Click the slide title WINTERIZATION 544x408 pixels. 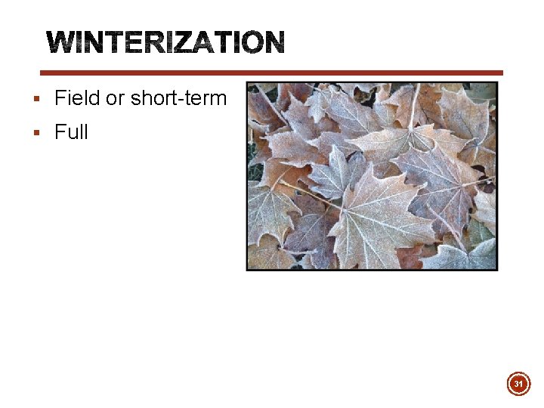(165, 42)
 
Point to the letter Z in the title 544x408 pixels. (193, 42)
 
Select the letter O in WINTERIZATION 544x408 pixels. (251, 42)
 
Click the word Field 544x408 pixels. (76, 98)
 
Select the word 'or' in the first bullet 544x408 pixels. (116, 98)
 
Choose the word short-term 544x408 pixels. (178, 98)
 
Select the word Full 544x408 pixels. (71, 132)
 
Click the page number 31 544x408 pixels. (518, 385)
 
